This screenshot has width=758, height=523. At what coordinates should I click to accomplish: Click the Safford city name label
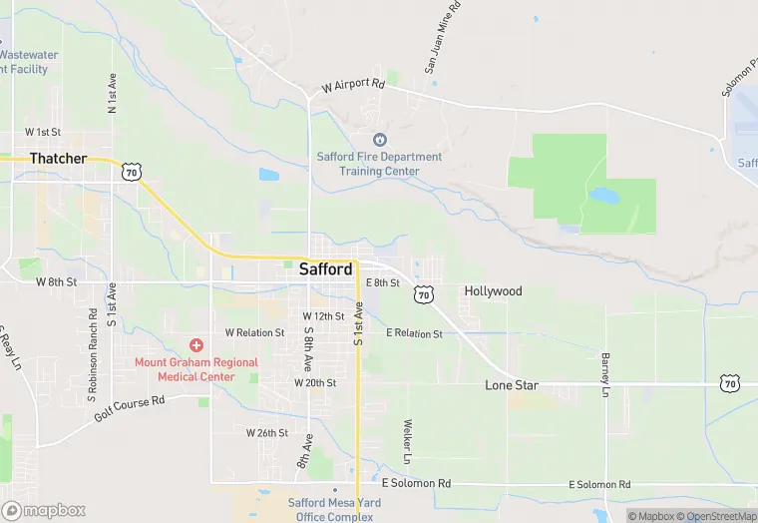click(325, 269)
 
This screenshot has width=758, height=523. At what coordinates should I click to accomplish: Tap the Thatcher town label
click(58, 158)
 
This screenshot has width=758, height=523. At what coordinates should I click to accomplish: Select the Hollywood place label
click(493, 291)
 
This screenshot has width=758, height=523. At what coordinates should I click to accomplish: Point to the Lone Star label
click(512, 385)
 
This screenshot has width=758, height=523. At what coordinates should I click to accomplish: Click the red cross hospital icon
click(196, 344)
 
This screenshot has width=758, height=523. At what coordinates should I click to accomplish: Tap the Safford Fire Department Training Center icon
click(379, 140)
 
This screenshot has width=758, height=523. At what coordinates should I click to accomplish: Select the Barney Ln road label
click(604, 374)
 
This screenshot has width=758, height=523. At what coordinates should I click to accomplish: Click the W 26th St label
click(267, 433)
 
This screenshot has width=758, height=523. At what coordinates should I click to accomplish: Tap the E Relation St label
click(414, 333)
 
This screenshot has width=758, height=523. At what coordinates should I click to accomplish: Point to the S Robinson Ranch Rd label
click(93, 330)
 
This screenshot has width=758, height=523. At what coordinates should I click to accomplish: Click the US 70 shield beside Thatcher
click(132, 173)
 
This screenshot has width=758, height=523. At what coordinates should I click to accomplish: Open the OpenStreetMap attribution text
click(717, 516)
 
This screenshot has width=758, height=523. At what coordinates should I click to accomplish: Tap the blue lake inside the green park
click(604, 195)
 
